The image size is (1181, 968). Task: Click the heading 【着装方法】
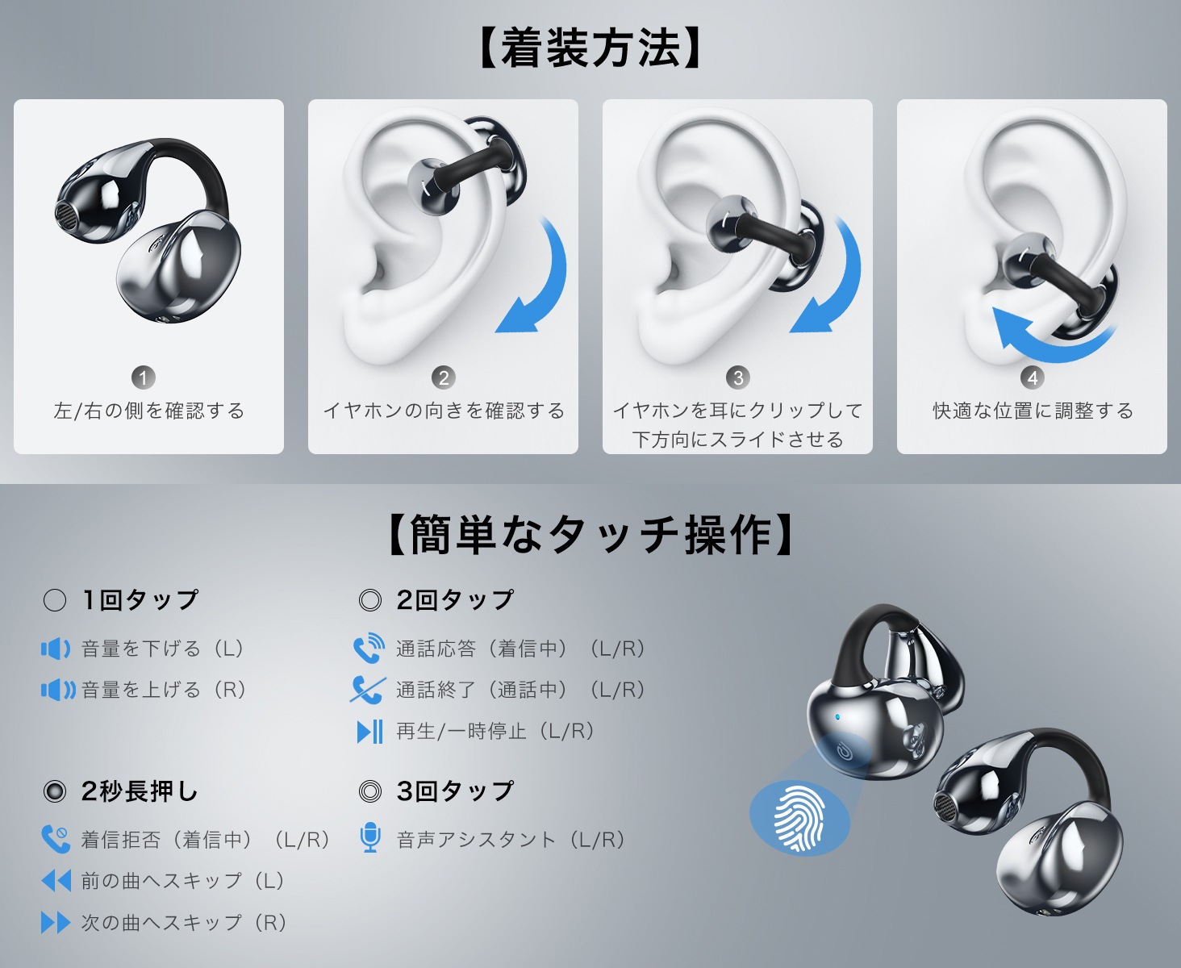tap(590, 48)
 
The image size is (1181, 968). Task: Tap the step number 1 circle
tap(144, 378)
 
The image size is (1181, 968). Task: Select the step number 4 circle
tap(1032, 378)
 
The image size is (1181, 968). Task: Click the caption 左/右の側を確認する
tap(149, 411)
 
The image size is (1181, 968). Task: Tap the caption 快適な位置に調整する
tap(1033, 411)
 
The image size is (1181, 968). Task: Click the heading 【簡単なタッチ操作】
tap(590, 536)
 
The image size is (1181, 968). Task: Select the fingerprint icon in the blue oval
tap(799, 819)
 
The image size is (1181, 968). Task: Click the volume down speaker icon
tap(56, 649)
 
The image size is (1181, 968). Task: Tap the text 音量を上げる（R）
tap(164, 690)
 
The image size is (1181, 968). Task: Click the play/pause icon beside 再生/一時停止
tap(369, 731)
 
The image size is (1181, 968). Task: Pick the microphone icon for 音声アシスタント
tap(370, 838)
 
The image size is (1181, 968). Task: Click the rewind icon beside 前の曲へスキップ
tap(56, 881)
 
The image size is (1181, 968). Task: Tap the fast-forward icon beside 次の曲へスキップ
tap(56, 923)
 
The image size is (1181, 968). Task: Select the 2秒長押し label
tap(140, 791)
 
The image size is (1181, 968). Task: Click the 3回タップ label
tap(455, 791)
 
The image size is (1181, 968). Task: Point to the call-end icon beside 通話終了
tap(368, 690)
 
